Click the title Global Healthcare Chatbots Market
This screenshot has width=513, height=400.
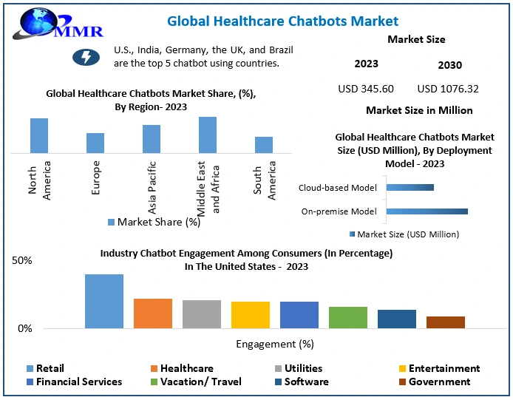[x=282, y=21]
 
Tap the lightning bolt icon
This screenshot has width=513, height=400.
[x=86, y=57]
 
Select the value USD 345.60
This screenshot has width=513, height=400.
[x=365, y=89]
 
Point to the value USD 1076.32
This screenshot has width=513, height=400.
[x=448, y=89]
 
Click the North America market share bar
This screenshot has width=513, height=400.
[x=39, y=135]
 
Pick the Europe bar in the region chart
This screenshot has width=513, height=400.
[x=95, y=143]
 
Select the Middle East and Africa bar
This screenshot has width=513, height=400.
[x=208, y=135]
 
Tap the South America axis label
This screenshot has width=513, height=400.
[x=264, y=179]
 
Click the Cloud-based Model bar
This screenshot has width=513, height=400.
[x=410, y=187]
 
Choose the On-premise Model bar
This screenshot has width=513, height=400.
[x=427, y=211]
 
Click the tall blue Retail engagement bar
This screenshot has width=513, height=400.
[x=104, y=301]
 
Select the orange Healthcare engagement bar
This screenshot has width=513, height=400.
[x=153, y=313]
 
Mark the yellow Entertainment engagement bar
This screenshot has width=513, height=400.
[x=251, y=315]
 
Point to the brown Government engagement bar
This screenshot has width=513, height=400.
[x=446, y=322]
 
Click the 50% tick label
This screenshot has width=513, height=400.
[x=22, y=261]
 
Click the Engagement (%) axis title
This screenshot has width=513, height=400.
[x=275, y=344]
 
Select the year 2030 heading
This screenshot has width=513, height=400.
[x=449, y=65]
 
